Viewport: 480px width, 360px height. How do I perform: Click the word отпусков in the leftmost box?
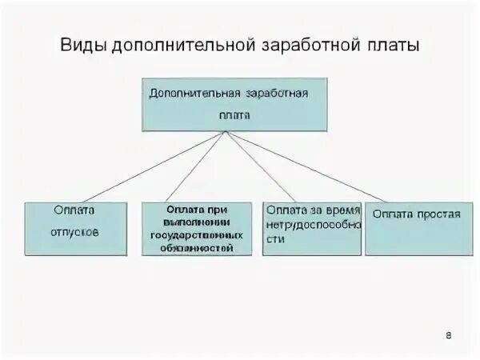(75, 234)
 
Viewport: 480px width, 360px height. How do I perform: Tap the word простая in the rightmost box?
(438, 214)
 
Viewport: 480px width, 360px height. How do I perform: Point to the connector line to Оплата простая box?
(320, 166)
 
